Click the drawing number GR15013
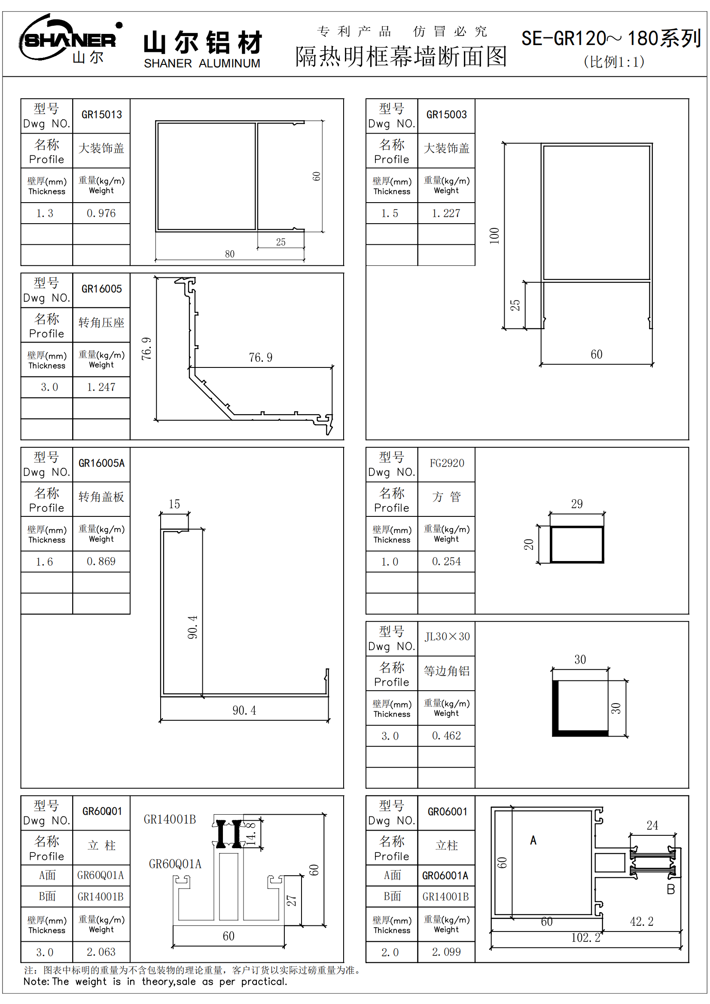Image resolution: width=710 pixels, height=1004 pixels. coord(101,115)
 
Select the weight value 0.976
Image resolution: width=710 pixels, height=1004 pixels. coord(101,213)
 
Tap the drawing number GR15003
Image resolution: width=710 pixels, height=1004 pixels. coord(447,115)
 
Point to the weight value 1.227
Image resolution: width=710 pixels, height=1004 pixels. coord(446,213)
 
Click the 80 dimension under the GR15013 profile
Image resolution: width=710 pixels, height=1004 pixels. coord(230,254)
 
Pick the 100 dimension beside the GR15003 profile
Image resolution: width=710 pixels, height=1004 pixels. coord(494,236)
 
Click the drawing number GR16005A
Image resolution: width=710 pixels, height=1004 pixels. coord(101,463)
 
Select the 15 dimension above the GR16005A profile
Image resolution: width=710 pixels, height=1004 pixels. coord(174,504)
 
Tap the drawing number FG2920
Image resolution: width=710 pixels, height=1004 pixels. coord(447,463)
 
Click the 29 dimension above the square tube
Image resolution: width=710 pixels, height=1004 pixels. coord(577,504)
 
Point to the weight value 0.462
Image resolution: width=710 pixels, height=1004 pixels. coord(446,736)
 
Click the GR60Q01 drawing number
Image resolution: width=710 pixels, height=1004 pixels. coord(101,812)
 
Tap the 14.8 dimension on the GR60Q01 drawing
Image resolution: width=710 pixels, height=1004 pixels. coord(251,834)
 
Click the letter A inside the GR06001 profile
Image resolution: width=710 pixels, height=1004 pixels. coord(533,840)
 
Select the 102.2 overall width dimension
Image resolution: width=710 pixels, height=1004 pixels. coord(586,937)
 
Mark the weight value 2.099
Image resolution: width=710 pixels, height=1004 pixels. coord(446,952)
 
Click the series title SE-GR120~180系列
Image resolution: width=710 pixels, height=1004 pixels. coord(611,39)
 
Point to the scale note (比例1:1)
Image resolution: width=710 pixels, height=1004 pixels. coord(614,62)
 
